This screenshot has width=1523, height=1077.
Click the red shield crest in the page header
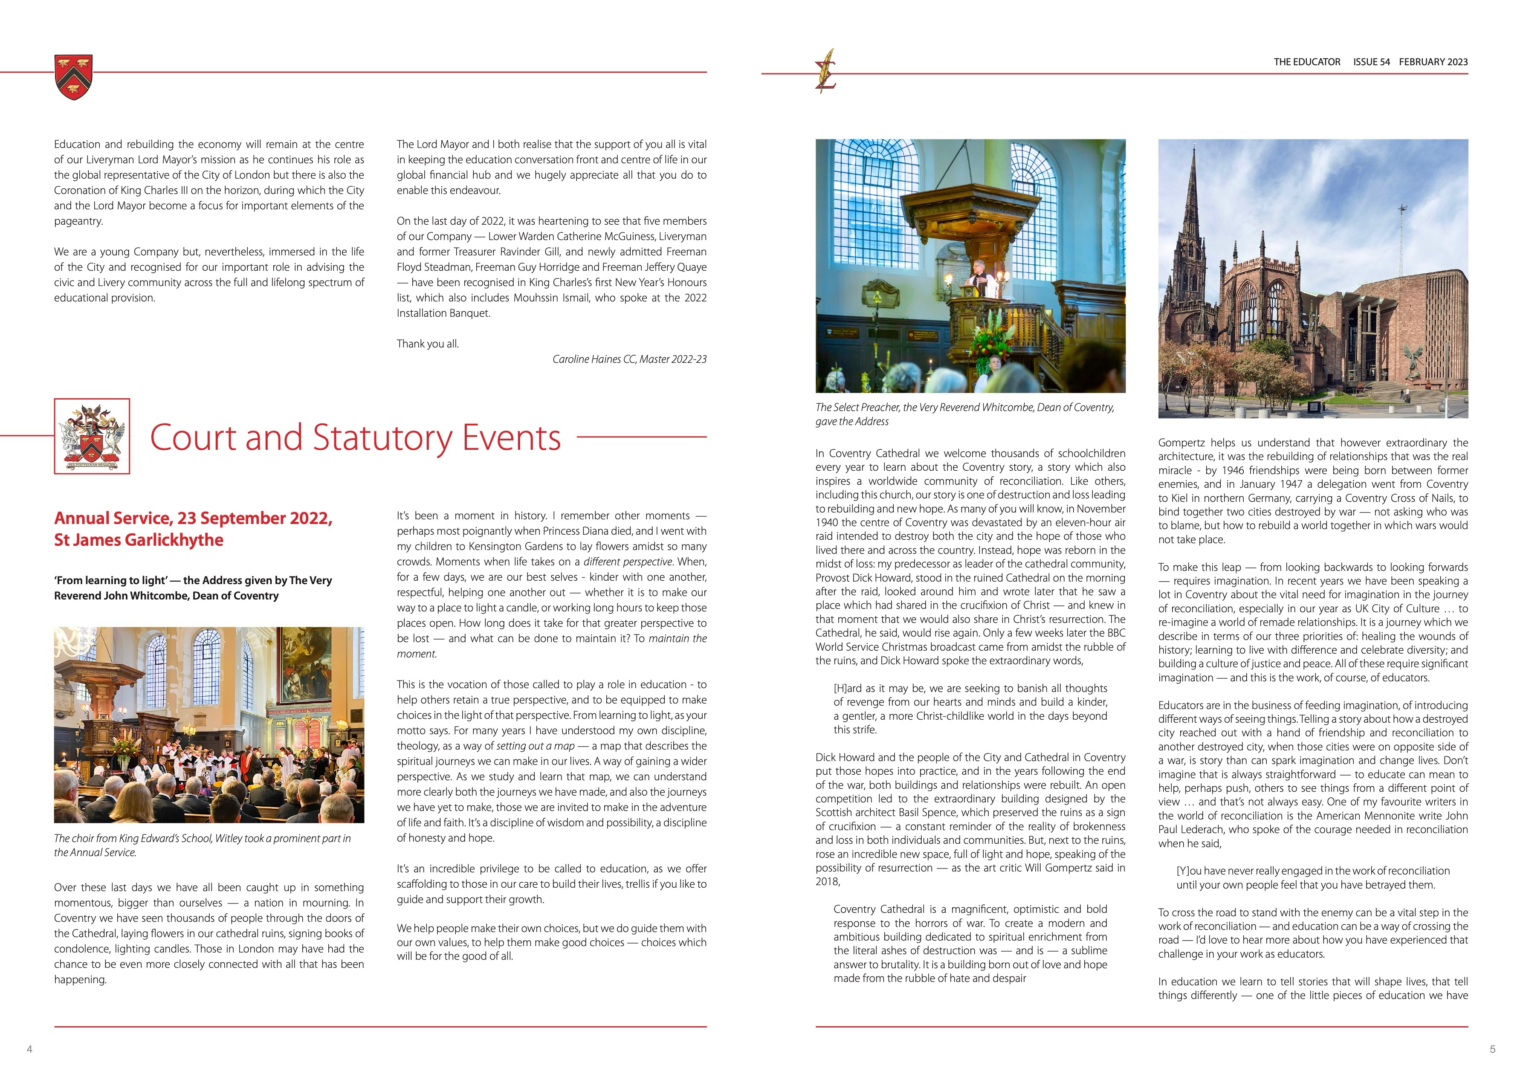point(74,76)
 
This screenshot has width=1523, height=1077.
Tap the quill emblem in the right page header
point(826,72)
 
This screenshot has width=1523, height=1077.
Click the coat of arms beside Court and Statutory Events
point(92,436)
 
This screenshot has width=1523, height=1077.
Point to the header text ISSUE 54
point(1371,62)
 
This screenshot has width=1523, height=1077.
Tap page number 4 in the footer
point(29,1048)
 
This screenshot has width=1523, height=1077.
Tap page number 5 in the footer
point(1492,1048)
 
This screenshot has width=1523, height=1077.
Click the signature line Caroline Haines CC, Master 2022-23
point(629,359)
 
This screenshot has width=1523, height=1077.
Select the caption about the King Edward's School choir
point(203,845)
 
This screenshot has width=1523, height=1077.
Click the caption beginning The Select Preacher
point(964,414)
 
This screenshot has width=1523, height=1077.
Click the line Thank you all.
point(428,344)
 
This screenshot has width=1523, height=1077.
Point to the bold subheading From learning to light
point(192,588)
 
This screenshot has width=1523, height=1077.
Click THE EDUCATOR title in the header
point(1307,62)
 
